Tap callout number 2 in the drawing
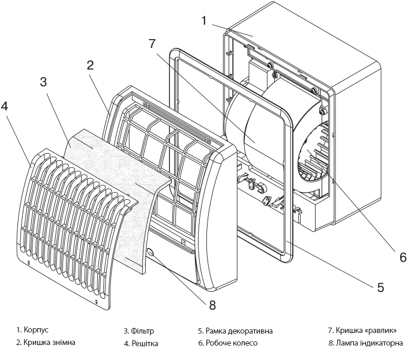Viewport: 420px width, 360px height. pos(91,65)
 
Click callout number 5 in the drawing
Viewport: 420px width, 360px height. pos(380,287)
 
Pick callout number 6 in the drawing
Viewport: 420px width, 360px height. pos(403,257)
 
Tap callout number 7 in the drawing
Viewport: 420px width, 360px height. pos(152,44)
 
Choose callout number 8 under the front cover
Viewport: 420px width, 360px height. pos(212,304)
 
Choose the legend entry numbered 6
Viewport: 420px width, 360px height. pos(227,344)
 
